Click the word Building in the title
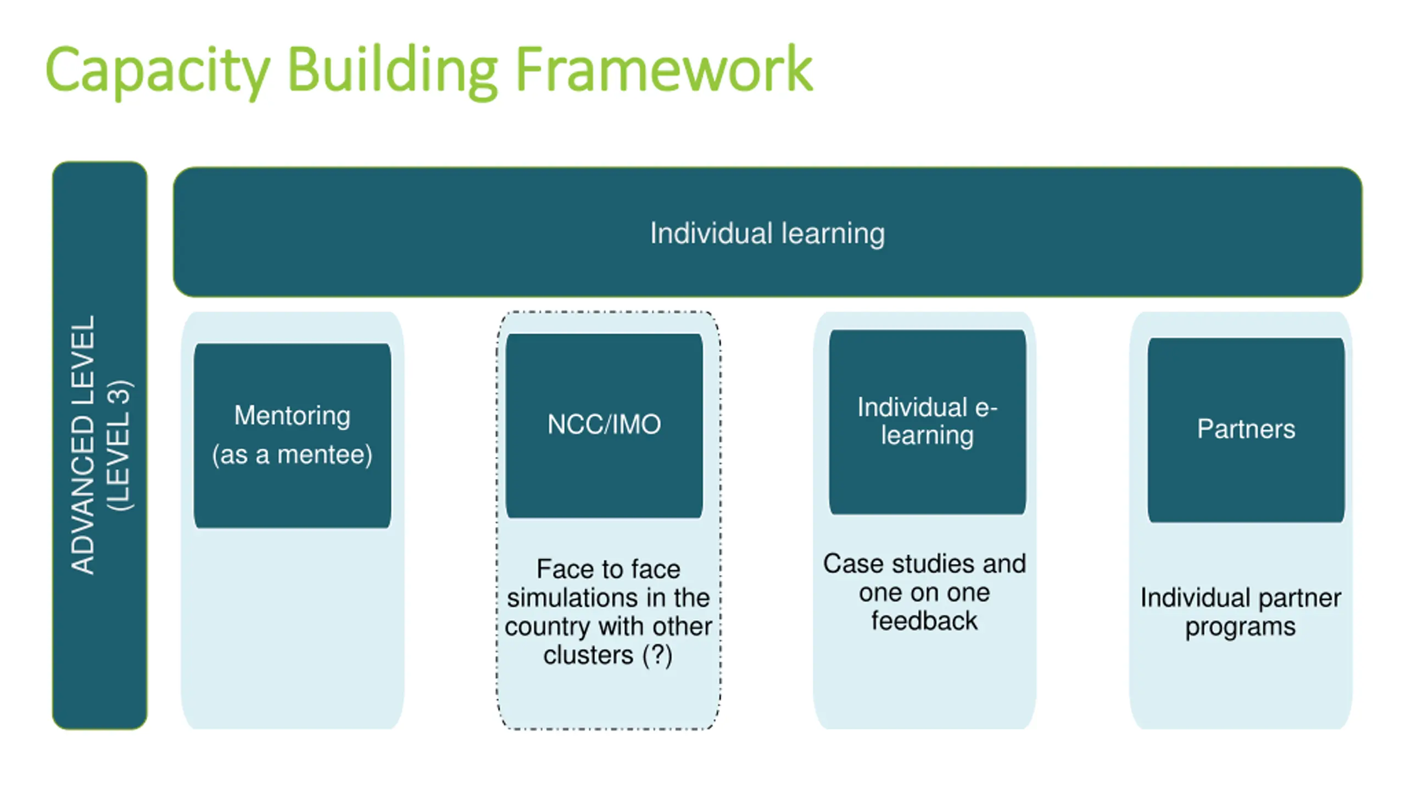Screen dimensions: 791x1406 click(392, 70)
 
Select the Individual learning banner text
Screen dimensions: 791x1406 click(767, 233)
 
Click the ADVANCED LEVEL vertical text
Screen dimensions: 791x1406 click(83, 445)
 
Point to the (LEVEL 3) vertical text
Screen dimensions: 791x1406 click(120, 445)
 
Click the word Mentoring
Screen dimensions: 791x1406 click(292, 415)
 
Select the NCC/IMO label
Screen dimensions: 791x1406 click(604, 424)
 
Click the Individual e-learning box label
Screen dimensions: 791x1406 click(927, 421)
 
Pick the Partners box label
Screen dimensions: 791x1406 click(1246, 429)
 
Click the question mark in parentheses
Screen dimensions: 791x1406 click(657, 655)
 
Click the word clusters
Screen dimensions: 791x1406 click(588, 655)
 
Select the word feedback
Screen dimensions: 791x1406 click(924, 621)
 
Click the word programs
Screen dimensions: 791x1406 click(1240, 627)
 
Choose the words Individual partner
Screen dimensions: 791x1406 click(1240, 598)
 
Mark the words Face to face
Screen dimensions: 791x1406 click(608, 569)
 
